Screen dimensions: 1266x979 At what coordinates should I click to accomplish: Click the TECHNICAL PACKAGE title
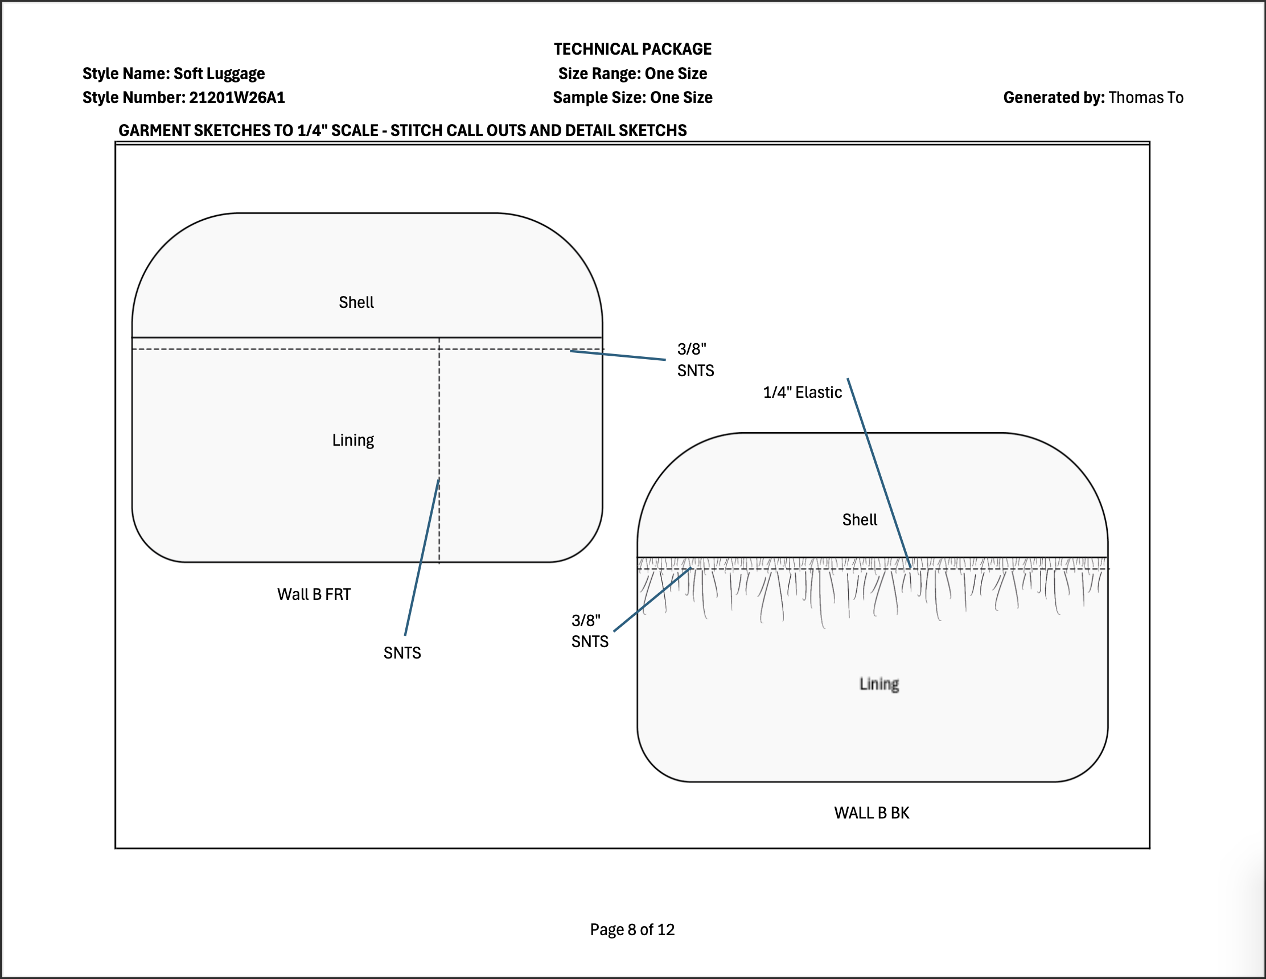point(632,49)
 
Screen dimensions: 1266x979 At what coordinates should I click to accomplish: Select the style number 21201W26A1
point(237,97)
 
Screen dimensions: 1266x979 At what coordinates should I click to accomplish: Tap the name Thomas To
point(1146,97)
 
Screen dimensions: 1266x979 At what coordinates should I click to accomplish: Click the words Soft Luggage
point(219,73)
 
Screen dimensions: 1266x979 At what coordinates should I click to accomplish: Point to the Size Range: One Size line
point(632,73)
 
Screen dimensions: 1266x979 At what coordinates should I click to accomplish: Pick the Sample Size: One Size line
point(632,97)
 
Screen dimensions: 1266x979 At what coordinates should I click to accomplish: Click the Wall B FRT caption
point(314,594)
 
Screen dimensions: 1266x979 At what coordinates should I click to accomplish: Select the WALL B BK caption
point(872,813)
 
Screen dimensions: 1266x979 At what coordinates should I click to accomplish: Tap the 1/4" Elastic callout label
point(802,392)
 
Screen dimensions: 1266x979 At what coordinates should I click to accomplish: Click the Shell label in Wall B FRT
point(356,302)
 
